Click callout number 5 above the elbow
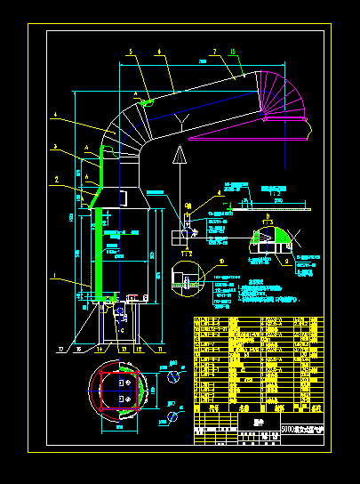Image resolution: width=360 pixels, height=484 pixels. point(129,53)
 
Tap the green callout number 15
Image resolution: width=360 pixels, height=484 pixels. point(233,53)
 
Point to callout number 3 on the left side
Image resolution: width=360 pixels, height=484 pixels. point(55,146)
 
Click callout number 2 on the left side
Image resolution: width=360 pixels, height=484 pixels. point(56,179)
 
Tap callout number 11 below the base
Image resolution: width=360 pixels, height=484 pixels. point(163,350)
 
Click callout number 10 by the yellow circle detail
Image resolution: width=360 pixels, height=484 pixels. point(222,261)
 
